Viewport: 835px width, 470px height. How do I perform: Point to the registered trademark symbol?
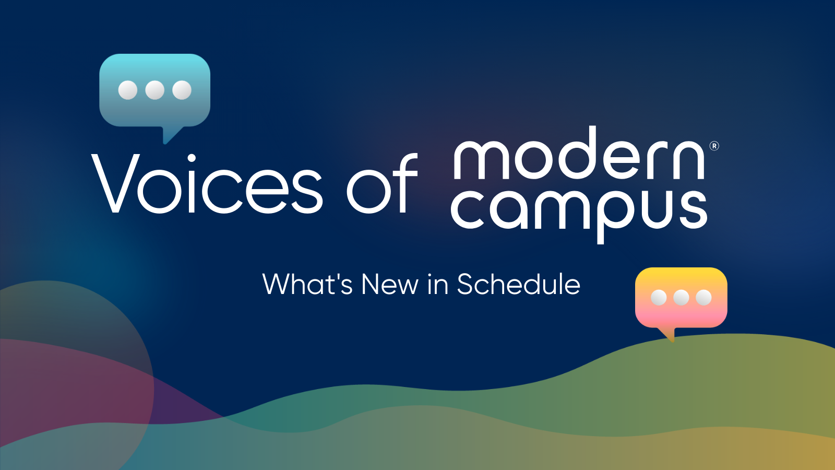click(714, 146)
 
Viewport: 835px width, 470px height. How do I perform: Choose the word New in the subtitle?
click(389, 285)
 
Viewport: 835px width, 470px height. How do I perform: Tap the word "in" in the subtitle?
click(438, 285)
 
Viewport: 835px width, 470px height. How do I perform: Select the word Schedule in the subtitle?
click(518, 285)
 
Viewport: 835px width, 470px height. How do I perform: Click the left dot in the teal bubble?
click(128, 90)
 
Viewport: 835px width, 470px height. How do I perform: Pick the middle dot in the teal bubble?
click(155, 90)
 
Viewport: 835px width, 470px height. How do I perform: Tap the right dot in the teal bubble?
click(182, 90)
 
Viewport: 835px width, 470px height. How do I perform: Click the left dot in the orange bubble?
click(659, 297)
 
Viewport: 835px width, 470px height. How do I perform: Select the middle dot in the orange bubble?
click(681, 297)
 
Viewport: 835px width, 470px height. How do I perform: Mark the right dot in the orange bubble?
click(703, 297)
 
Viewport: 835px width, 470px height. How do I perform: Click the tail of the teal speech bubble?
click(170, 135)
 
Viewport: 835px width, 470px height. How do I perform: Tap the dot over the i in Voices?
click(192, 158)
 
